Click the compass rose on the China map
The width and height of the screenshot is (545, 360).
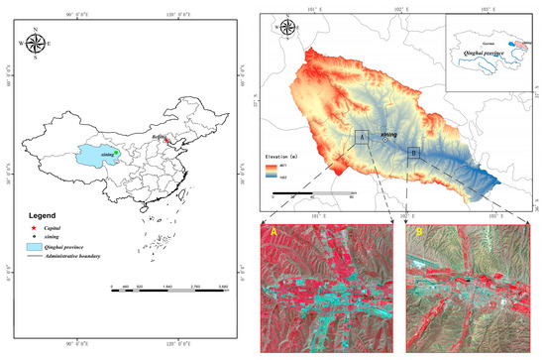click(x=36, y=43)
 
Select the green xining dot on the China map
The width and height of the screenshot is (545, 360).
click(x=116, y=153)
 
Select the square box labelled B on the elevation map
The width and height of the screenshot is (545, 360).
click(x=413, y=152)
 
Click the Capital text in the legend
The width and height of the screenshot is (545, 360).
click(x=64, y=227)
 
